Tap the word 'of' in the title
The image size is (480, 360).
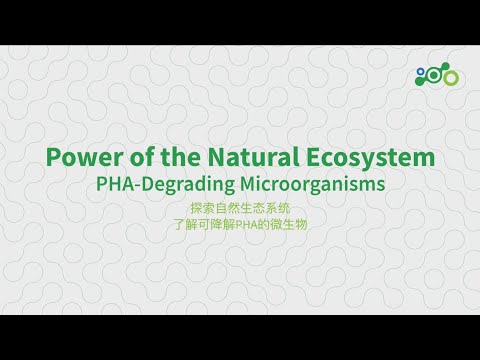(132, 158)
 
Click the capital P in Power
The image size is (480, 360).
(54, 158)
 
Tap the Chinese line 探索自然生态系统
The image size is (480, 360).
(240, 209)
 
